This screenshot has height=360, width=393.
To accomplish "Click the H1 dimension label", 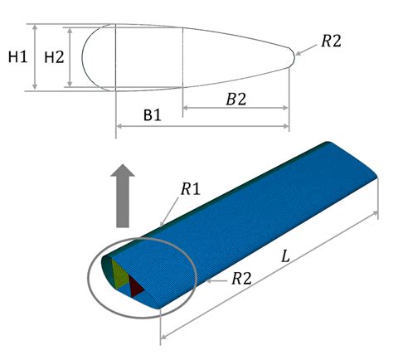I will tap(17, 57).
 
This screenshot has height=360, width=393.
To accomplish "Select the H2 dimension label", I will tap(53, 57).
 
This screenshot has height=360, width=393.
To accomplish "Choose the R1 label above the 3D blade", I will tap(190, 190).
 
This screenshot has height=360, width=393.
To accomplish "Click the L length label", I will tap(285, 258).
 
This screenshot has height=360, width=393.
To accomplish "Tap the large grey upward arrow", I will tap(124, 195).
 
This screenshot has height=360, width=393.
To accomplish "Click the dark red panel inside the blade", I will tap(136, 287).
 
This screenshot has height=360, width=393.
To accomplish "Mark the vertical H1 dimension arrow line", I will tap(35, 56).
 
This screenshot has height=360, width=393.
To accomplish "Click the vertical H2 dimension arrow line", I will tap(71, 56).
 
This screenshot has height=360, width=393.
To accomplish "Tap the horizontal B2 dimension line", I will tap(235, 109).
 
